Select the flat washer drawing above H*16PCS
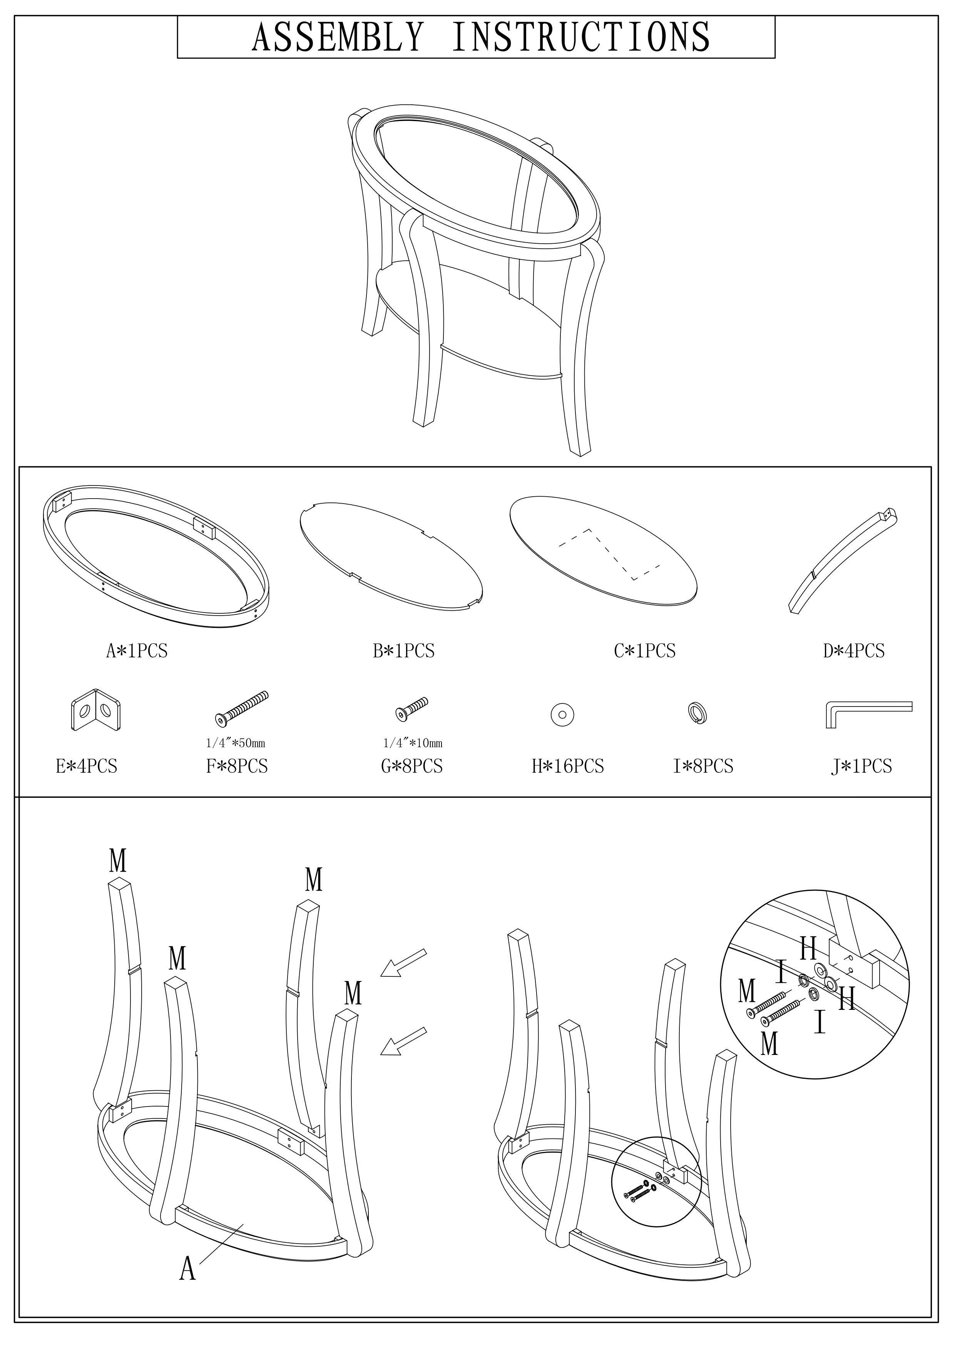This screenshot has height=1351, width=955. (x=562, y=715)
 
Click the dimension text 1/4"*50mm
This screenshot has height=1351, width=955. (x=235, y=743)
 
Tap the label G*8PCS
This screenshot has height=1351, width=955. (x=411, y=766)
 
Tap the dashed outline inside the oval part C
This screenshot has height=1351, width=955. (x=609, y=554)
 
